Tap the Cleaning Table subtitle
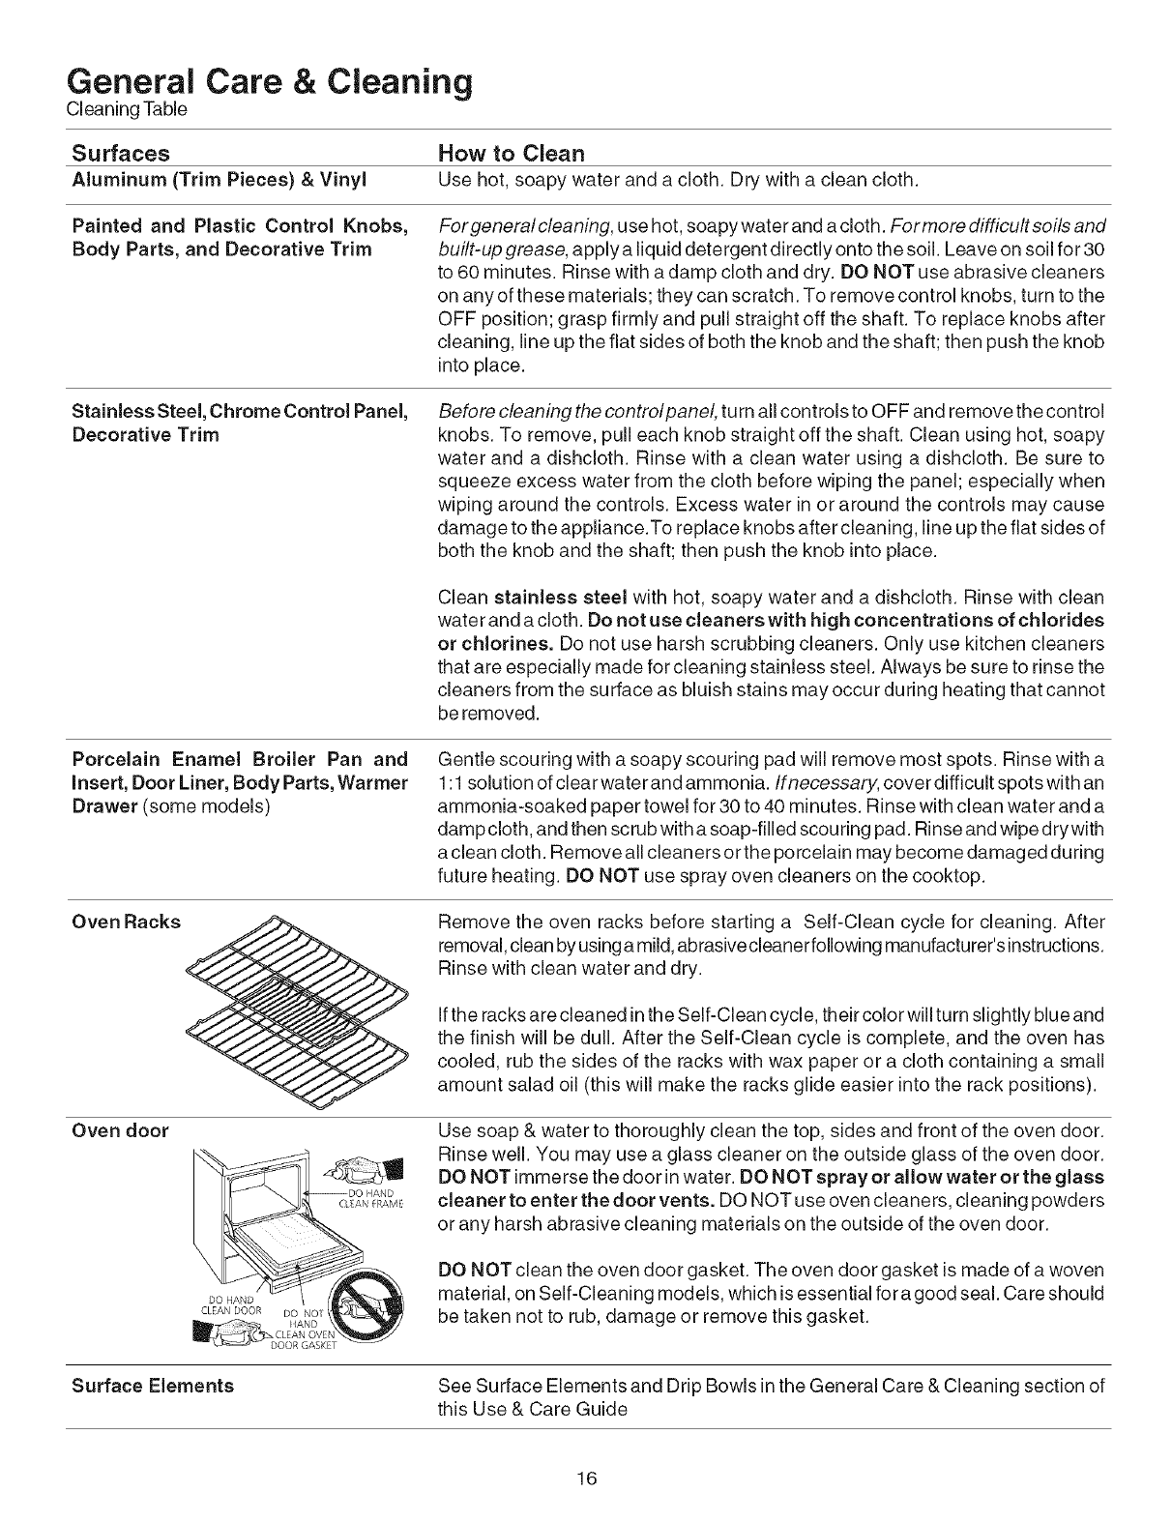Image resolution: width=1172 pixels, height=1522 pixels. click(x=126, y=110)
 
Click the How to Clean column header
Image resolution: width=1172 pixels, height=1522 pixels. click(x=512, y=153)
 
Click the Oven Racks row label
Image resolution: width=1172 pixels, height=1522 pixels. click(x=127, y=922)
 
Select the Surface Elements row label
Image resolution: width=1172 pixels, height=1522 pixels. click(x=154, y=1386)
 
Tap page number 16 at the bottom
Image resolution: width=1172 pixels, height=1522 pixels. click(x=586, y=1478)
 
